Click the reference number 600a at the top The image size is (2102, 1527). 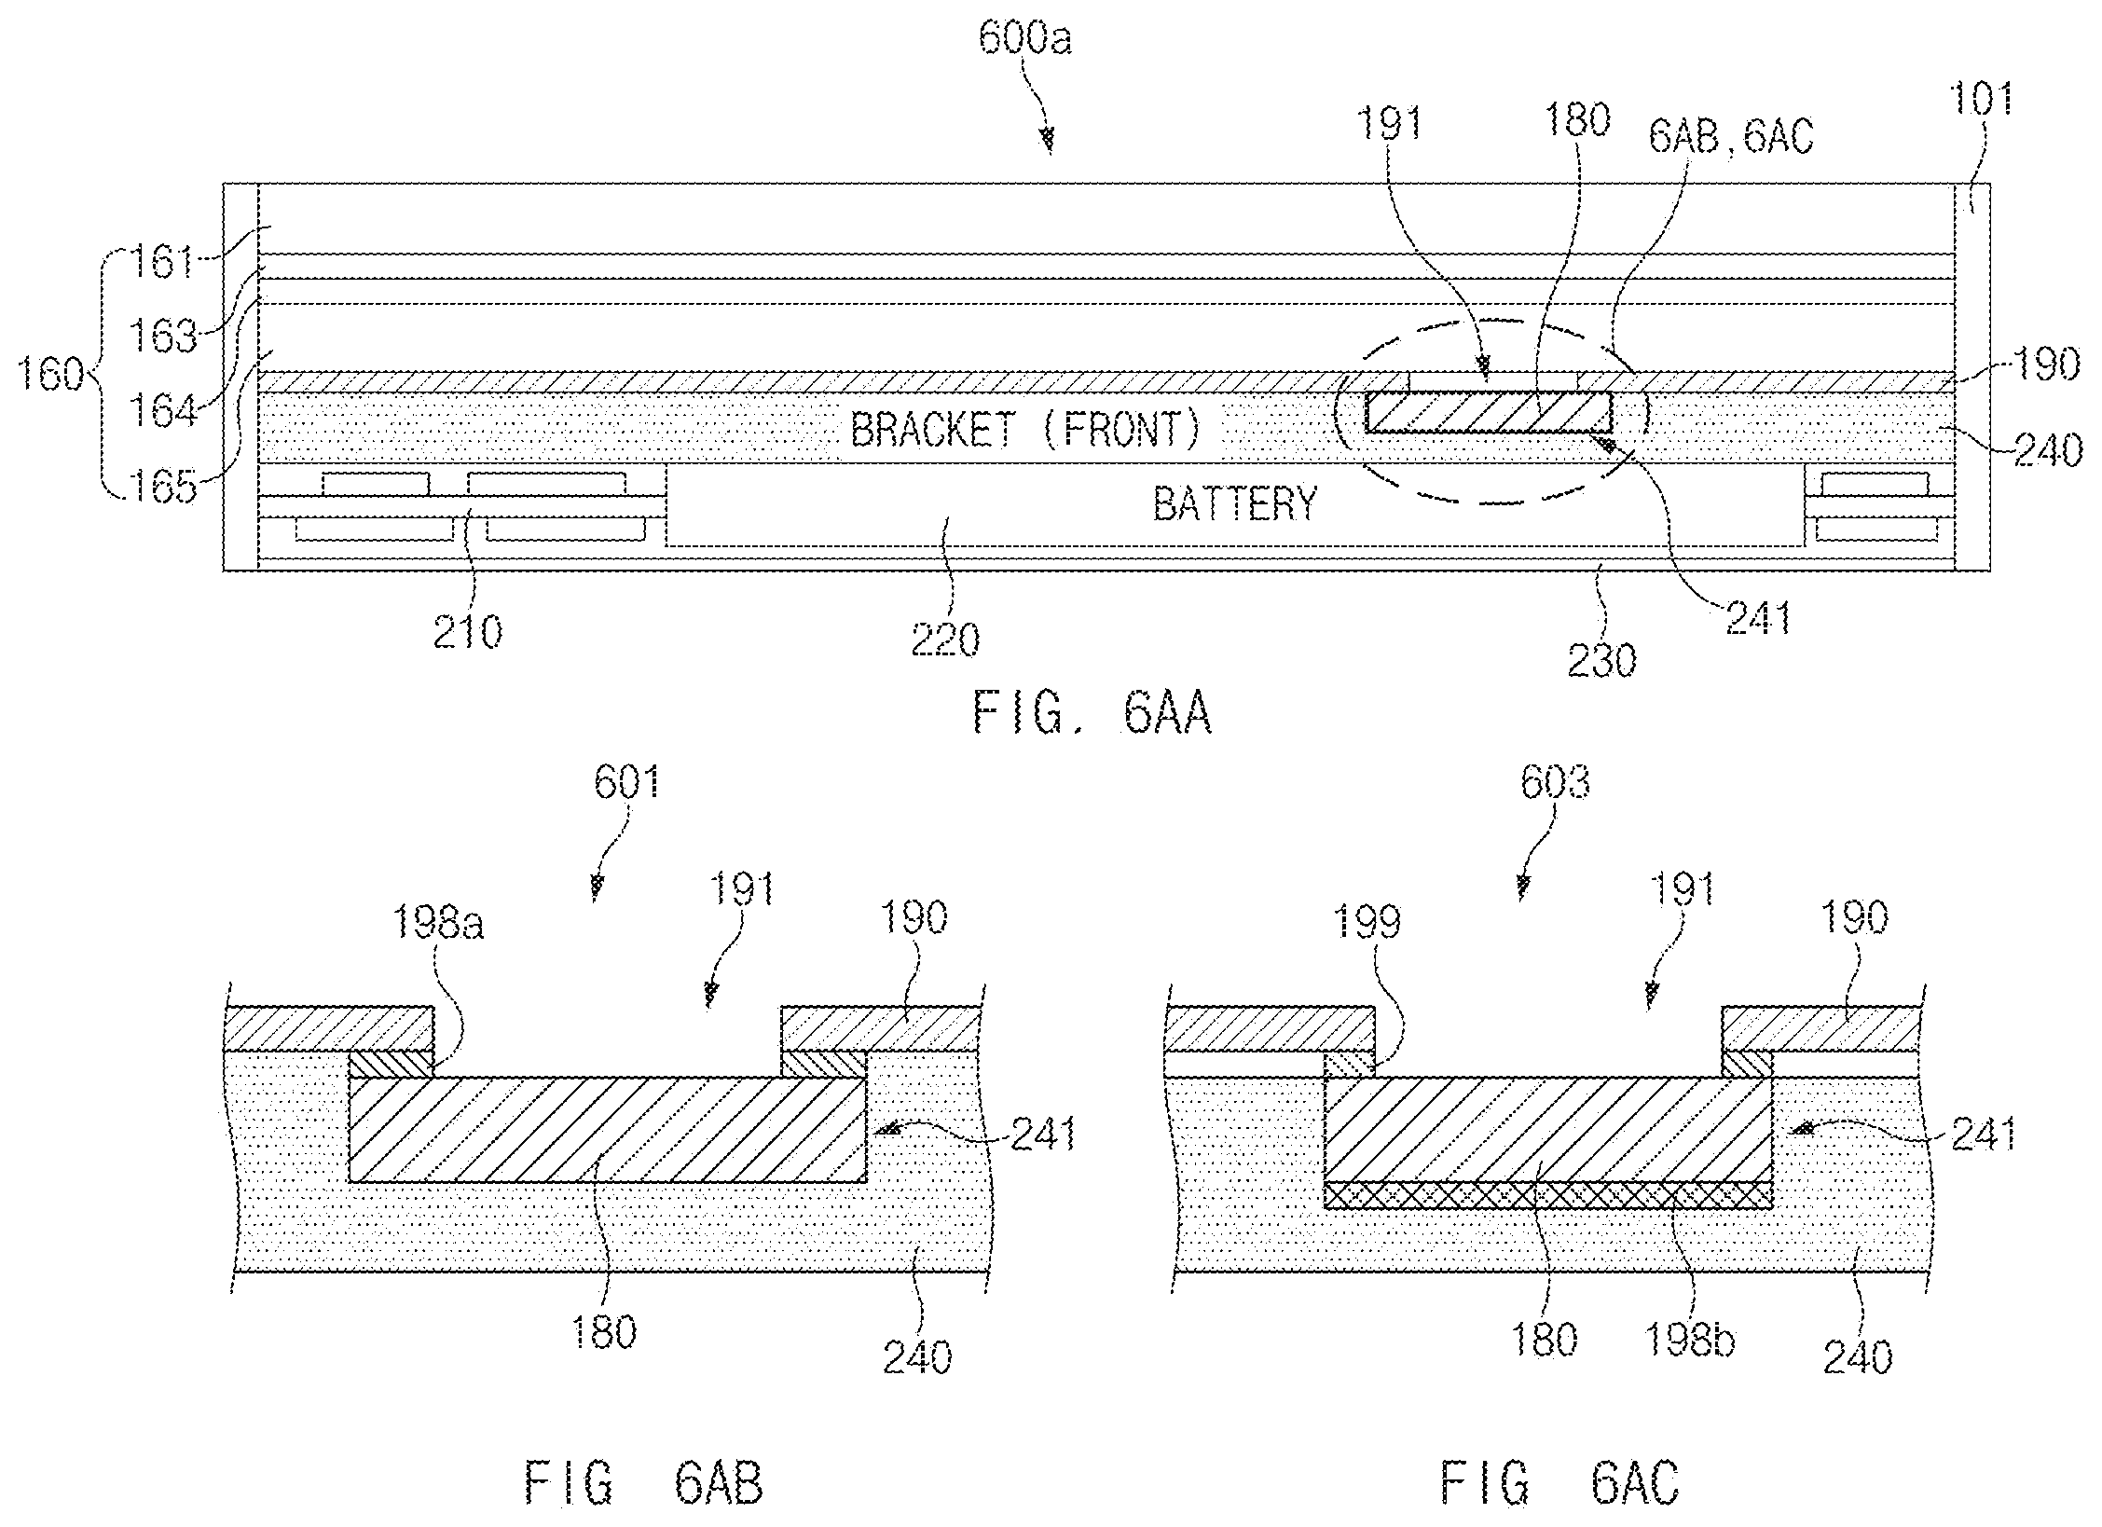tap(1025, 40)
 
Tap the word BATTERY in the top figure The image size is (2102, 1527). tap(1235, 504)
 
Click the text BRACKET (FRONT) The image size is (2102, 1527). tap(1025, 430)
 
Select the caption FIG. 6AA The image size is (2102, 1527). tap(1092, 714)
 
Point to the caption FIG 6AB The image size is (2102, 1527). tap(643, 1483)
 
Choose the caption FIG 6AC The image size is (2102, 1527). tap(1559, 1483)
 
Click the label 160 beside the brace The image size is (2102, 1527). tap(52, 378)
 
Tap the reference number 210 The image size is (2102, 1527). tap(468, 633)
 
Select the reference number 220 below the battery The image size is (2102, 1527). tap(946, 640)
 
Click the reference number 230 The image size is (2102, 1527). tap(1601, 661)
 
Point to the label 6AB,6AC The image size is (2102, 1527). tap(1731, 137)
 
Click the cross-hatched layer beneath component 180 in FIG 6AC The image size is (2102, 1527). tap(1548, 1194)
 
